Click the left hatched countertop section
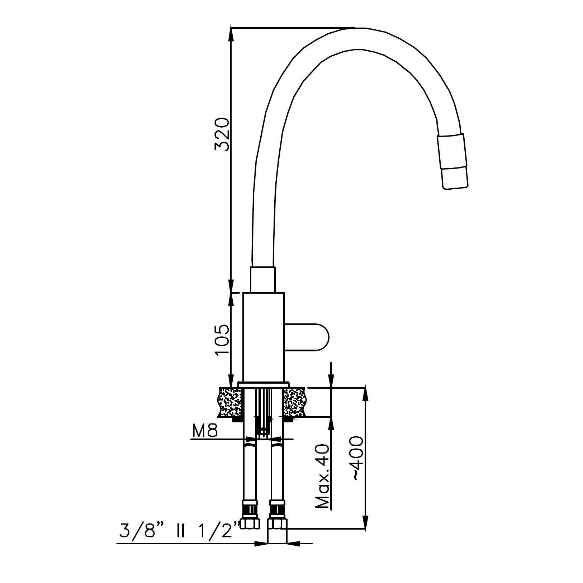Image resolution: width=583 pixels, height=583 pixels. point(230,402)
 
